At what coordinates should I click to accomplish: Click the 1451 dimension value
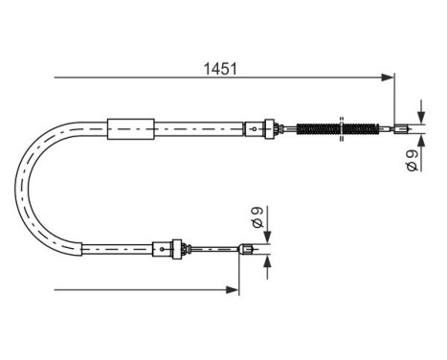[x=220, y=68]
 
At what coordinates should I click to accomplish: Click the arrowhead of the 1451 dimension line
[x=388, y=77]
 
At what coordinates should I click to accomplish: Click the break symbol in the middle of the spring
[x=343, y=127]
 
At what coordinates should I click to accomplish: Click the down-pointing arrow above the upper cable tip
[x=419, y=113]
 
